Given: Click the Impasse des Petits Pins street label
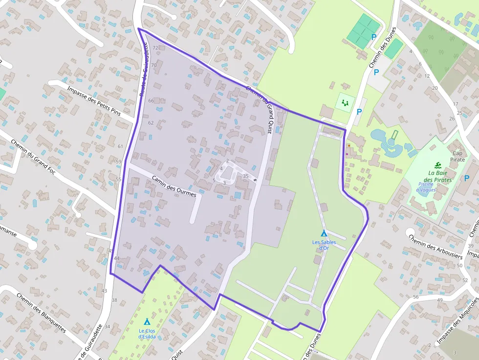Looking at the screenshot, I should [100, 102].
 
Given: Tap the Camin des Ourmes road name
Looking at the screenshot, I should [174, 186].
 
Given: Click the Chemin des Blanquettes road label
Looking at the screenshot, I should [41, 313].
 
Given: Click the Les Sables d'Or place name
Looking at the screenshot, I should [323, 245].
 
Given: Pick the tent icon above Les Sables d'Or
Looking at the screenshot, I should [324, 233].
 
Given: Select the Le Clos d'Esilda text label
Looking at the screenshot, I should [147, 333].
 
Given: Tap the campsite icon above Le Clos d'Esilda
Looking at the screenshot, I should [147, 321].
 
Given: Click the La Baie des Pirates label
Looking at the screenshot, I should [439, 176].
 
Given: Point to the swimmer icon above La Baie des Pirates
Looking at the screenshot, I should [436, 165].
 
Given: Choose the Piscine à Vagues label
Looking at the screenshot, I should [426, 187].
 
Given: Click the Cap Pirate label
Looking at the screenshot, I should [458, 156].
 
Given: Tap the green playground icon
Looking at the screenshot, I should [346, 103].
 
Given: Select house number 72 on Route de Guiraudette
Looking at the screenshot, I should [155, 48].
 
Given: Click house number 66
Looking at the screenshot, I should [151, 101].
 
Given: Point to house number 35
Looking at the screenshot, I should [245, 176].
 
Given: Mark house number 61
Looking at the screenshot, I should [121, 147].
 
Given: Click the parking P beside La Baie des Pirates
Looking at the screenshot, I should [467, 178].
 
